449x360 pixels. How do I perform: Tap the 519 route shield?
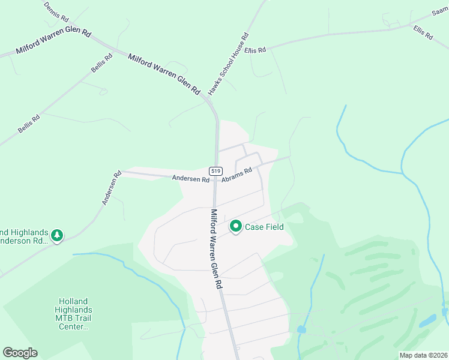click(216, 171)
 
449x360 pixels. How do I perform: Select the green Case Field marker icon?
click(236, 227)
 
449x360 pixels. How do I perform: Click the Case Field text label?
click(264, 227)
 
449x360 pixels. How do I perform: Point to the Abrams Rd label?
click(236, 175)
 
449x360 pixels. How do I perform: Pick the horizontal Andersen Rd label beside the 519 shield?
click(190, 179)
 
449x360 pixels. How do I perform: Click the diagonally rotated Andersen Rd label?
click(112, 188)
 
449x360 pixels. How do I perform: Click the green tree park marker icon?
click(57, 236)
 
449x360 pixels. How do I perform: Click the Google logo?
click(20, 353)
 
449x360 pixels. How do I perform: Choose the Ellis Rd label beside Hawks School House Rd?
click(256, 50)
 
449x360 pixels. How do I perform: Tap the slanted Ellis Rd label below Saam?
click(423, 32)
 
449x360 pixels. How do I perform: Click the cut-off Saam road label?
click(440, 13)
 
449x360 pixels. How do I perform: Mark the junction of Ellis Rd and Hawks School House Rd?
click(246, 48)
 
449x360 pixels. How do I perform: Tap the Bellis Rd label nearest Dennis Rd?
click(101, 64)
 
